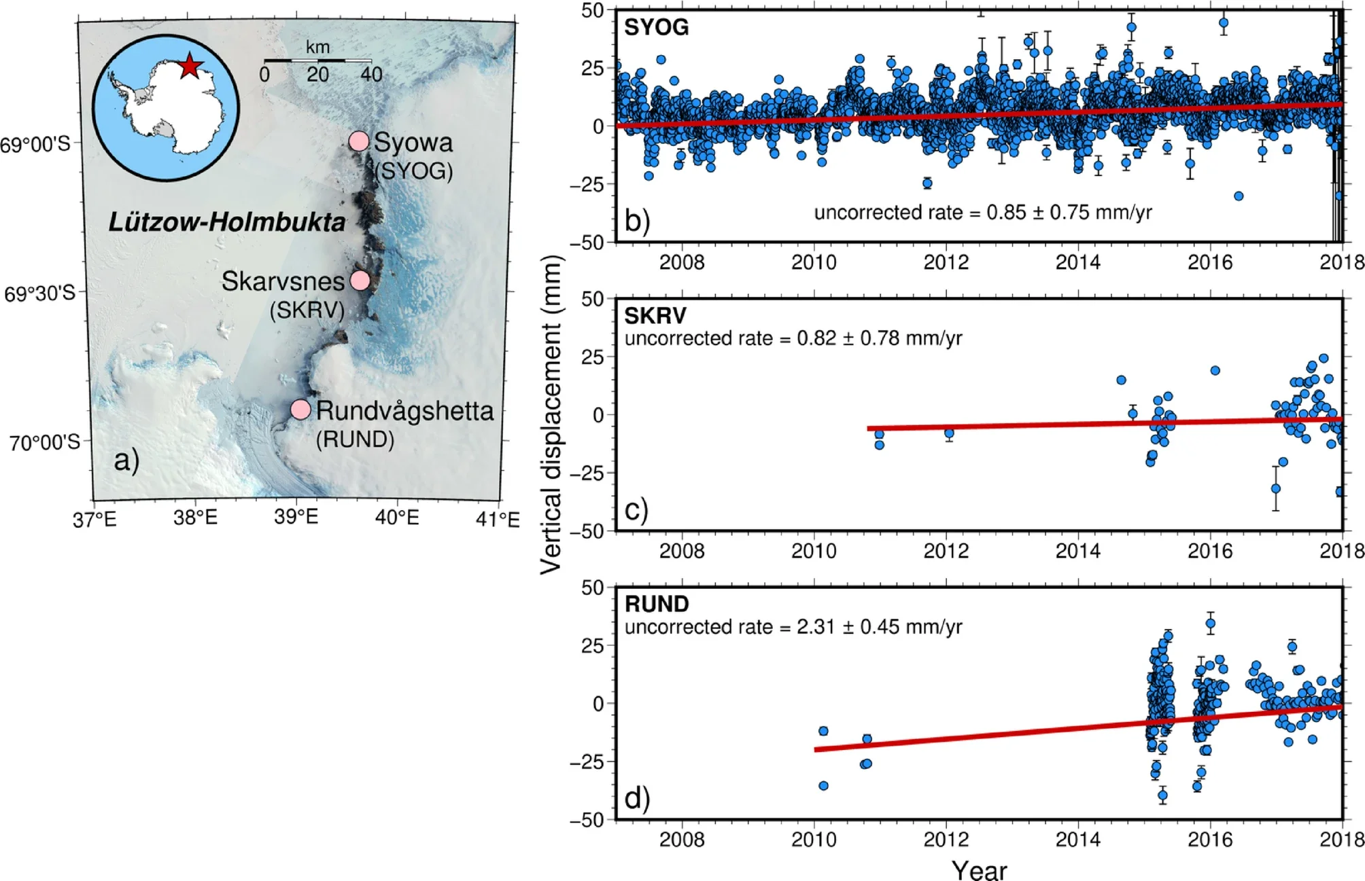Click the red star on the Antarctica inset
click(190, 67)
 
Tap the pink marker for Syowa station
click(359, 141)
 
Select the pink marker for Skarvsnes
click(360, 280)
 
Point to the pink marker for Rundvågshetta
click(300, 409)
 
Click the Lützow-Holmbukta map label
click(227, 222)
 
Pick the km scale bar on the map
click(317, 61)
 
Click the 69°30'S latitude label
click(39, 293)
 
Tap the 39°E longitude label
click(296, 517)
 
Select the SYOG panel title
click(656, 27)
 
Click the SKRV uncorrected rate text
click(793, 338)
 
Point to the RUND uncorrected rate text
click(793, 626)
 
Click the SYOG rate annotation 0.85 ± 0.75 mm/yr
click(982, 213)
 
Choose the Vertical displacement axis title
click(551, 414)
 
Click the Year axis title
click(979, 869)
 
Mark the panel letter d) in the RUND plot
click(637, 797)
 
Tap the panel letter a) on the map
click(126, 460)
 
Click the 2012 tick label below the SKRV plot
click(946, 550)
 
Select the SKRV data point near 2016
click(1215, 371)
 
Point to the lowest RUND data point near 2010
click(823, 786)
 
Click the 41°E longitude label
click(498, 520)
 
